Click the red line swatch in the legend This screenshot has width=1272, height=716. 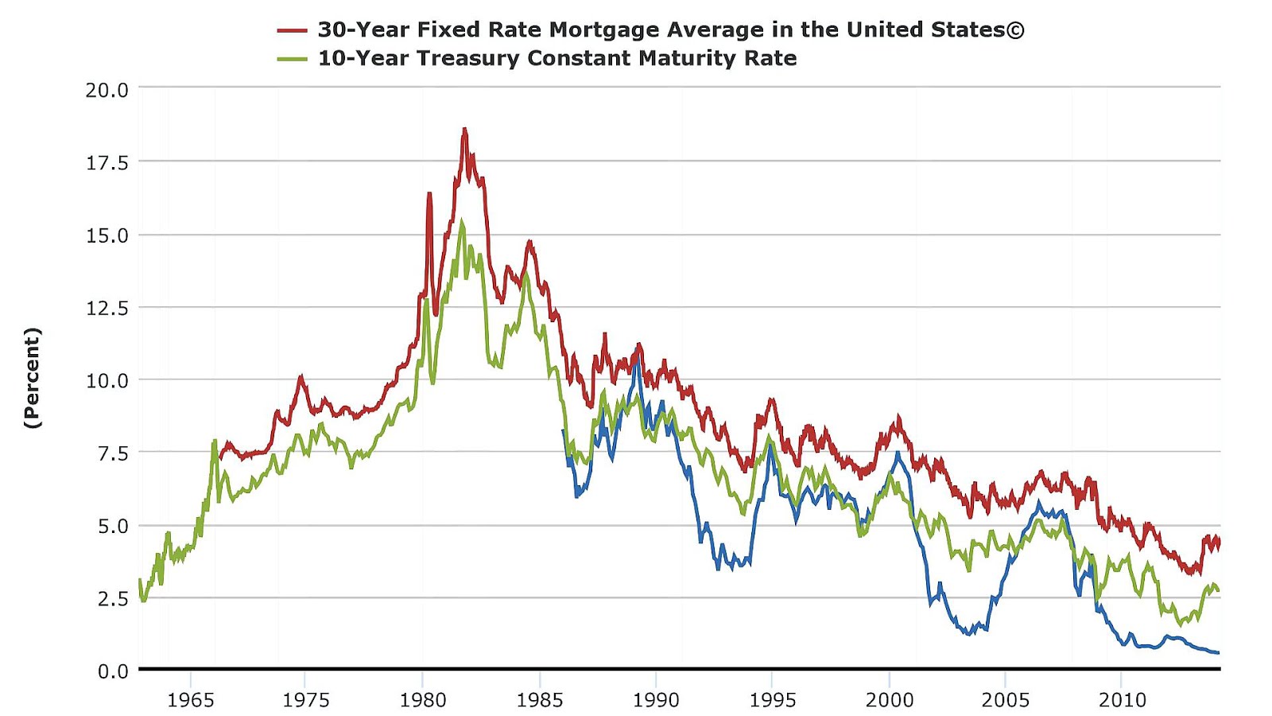click(x=292, y=30)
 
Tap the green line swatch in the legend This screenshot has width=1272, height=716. click(x=292, y=59)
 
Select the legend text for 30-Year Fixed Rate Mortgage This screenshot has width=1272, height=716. click(x=660, y=30)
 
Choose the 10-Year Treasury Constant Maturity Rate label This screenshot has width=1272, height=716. click(x=556, y=59)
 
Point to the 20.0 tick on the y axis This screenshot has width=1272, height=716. click(x=107, y=90)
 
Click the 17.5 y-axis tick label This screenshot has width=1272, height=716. click(x=107, y=163)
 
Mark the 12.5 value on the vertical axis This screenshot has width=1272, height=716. click(x=107, y=308)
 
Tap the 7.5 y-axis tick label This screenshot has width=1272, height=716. click(x=112, y=453)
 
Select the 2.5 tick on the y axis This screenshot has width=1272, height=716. click(x=112, y=599)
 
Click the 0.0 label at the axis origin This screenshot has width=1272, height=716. click(x=112, y=671)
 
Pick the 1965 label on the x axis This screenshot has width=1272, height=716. click(x=191, y=700)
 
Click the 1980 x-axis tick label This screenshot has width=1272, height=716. click(x=423, y=700)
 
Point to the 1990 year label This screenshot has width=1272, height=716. click(x=656, y=700)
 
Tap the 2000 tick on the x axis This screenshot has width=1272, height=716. click(x=889, y=700)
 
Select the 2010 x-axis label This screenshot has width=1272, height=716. click(x=1122, y=700)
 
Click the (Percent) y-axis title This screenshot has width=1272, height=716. click(x=32, y=379)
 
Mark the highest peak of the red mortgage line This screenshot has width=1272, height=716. click(x=464, y=129)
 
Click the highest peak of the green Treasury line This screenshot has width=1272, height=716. click(x=462, y=222)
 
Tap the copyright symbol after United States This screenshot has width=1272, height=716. click(x=1015, y=30)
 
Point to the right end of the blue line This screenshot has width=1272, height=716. click(x=1218, y=652)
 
